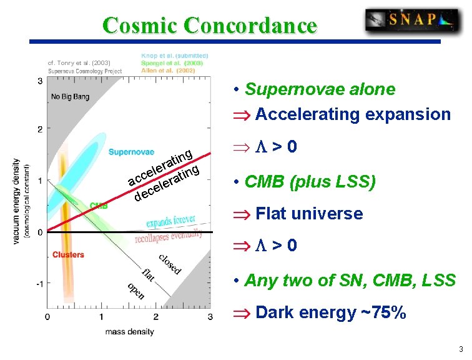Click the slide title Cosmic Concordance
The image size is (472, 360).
[210, 26]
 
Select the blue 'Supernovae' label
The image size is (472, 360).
[131, 152]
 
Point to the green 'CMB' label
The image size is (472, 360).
[98, 205]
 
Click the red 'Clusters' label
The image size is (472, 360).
[68, 255]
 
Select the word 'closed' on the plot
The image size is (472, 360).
[169, 264]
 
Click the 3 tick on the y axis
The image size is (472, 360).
[40, 81]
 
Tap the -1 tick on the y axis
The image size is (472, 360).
[39, 283]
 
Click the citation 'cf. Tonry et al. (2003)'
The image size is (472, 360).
[79, 62]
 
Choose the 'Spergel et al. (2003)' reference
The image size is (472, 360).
[170, 63]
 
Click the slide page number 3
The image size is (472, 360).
[460, 349]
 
